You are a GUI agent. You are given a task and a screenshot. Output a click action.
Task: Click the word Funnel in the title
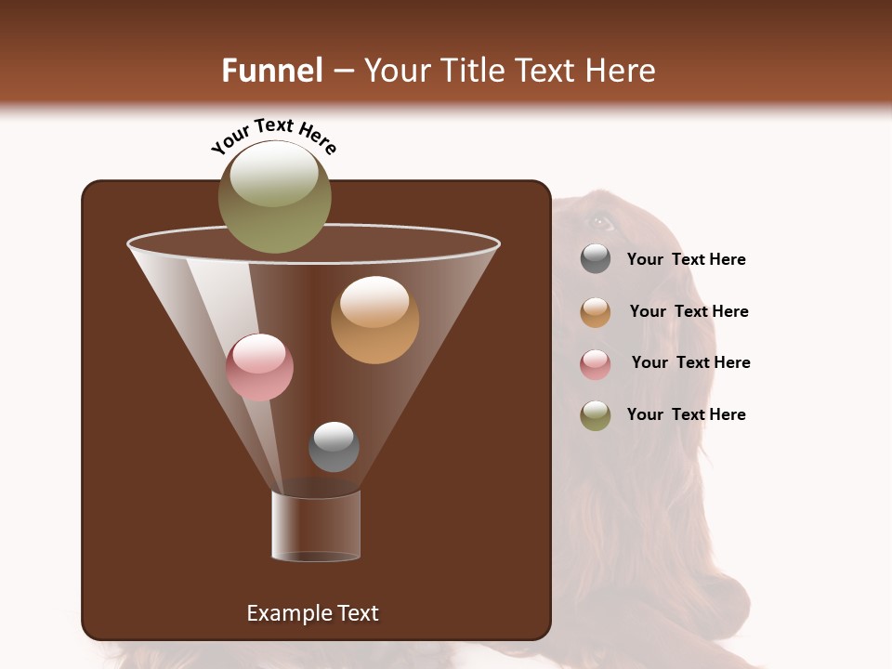pos(271,71)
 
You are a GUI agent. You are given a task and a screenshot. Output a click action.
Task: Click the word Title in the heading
pos(467,71)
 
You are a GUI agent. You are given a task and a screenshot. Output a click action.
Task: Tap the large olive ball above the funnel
pos(274,196)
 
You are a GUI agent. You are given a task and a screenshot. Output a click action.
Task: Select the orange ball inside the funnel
pos(374,320)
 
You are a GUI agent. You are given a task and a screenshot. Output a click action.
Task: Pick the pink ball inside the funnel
pos(259,367)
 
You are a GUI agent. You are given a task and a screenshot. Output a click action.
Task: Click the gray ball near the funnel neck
pos(334,446)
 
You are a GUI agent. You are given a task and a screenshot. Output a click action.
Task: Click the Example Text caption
pos(313,613)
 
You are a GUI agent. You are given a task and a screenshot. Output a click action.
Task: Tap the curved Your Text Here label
pos(273,135)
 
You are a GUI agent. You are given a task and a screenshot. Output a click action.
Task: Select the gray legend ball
pos(596,259)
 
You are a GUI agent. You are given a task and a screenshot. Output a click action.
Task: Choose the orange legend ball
pos(596,312)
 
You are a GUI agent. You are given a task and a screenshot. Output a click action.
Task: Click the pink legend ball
pos(596,364)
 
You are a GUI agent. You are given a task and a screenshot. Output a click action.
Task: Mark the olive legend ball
pos(596,415)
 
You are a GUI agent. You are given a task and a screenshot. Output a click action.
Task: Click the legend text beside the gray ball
pos(686,260)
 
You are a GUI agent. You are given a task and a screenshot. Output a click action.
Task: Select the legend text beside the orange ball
pos(689,312)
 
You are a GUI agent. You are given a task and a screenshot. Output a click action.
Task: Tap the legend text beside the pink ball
pos(690,363)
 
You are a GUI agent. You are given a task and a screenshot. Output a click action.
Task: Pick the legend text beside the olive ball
pos(686,415)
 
